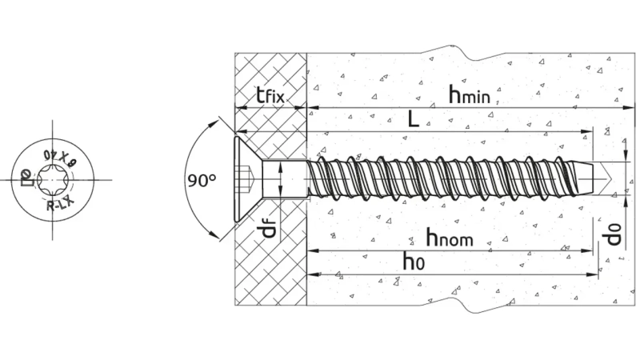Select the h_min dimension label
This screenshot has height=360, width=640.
coord(469,95)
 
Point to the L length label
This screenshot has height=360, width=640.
coord(410,120)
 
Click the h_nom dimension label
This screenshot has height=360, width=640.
coord(449,237)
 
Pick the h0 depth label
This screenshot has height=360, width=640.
coord(413,261)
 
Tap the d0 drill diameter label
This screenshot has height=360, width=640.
coord(612,234)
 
